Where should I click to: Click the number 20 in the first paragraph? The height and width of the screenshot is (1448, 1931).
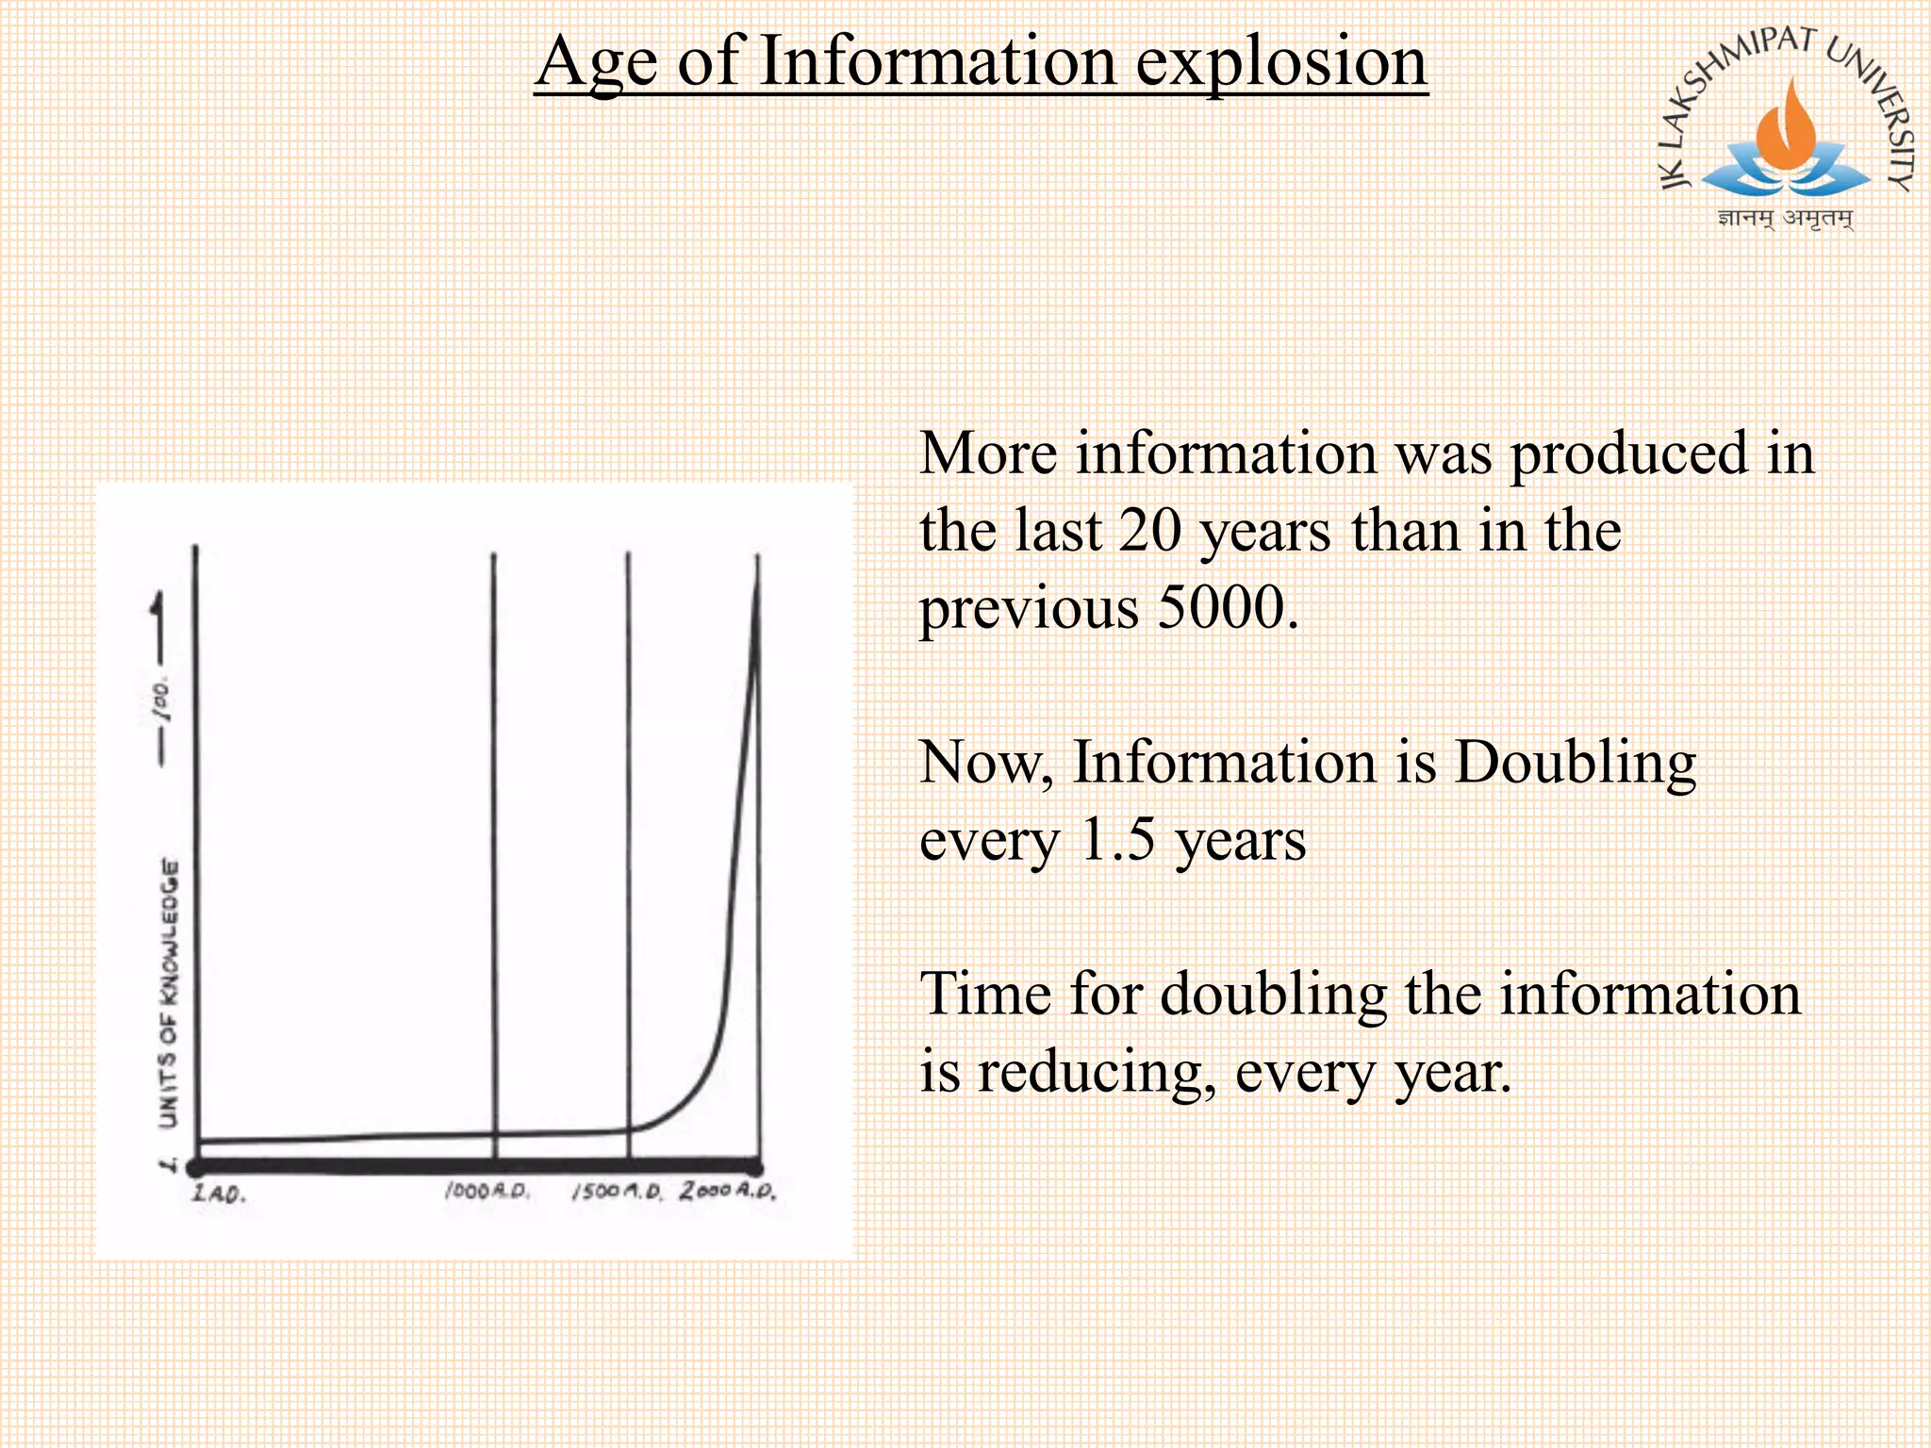point(1149,530)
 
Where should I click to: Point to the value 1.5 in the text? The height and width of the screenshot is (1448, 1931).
point(1118,839)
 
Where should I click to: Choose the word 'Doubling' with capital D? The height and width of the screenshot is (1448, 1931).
point(1575,762)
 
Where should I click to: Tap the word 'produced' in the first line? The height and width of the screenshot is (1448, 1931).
point(1629,453)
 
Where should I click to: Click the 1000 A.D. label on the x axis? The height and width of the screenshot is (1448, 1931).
point(487,1192)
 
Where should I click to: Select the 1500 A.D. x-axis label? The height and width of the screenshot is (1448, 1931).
point(618,1192)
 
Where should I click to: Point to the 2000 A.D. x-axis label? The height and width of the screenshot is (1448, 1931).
point(728,1191)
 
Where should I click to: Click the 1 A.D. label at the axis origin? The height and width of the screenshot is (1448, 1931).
point(219,1193)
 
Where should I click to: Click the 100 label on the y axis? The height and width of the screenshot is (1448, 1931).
point(162,699)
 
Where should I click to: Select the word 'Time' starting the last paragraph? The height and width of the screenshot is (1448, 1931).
point(982,994)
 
